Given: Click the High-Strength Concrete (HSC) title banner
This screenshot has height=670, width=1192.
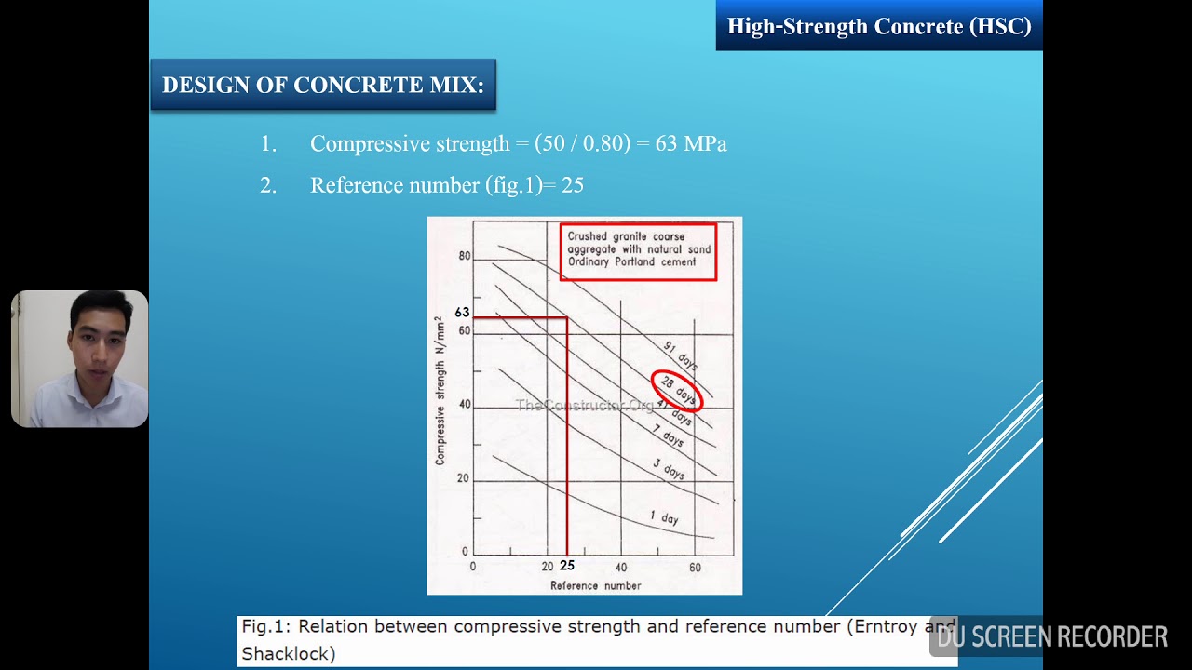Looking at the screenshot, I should click(x=878, y=26).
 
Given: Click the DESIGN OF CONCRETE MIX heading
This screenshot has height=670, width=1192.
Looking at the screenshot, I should click(x=322, y=85).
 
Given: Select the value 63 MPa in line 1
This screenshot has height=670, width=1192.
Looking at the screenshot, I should click(x=691, y=144).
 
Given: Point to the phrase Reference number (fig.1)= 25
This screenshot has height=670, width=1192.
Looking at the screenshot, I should click(x=446, y=185).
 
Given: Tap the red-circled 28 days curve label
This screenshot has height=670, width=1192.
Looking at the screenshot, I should click(x=677, y=389).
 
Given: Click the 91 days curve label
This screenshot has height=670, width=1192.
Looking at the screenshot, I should click(x=681, y=355).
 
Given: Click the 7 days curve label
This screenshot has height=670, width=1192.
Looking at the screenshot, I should click(x=667, y=435).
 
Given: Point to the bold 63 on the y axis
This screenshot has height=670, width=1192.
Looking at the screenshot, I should click(x=462, y=313).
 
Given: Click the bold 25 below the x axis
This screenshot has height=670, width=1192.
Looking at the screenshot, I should click(x=567, y=566).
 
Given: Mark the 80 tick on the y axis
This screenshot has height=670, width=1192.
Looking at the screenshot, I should click(x=464, y=257).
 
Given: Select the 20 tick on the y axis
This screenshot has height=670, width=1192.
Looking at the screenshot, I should click(x=464, y=479).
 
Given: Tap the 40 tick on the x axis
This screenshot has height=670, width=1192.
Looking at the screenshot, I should click(x=621, y=567).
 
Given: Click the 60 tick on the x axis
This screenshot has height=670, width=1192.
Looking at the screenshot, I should click(x=695, y=567).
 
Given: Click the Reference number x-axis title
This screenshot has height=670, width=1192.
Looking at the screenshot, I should click(x=595, y=585).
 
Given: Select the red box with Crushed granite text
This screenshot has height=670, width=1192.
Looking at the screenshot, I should click(x=638, y=250).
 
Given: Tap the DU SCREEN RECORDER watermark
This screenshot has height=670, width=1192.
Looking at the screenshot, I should click(x=1051, y=637).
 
